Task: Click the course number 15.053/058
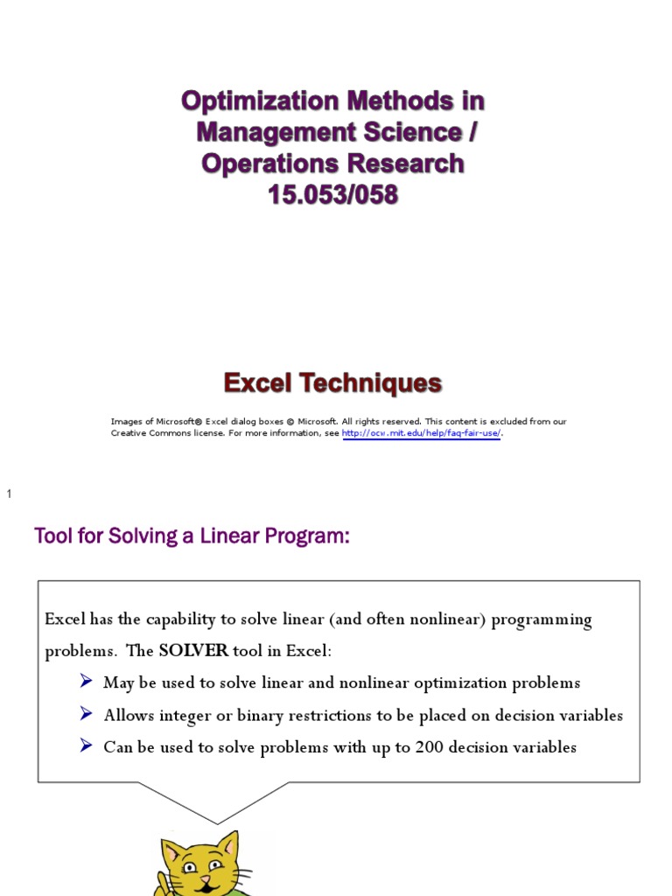coord(332,195)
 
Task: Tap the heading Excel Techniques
coord(332,383)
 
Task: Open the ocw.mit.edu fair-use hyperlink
coord(422,433)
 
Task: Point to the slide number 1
coord(10,495)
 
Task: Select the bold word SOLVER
coord(193,651)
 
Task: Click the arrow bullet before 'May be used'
coord(86,682)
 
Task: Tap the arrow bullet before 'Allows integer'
coord(86,714)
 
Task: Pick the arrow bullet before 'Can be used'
coord(86,746)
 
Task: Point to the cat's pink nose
coord(205,878)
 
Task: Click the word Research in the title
coord(403,164)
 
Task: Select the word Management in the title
coord(280,132)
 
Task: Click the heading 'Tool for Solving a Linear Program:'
coord(192,536)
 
